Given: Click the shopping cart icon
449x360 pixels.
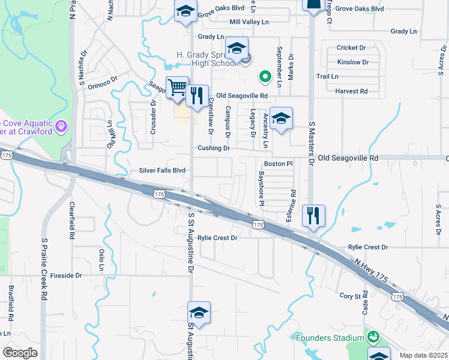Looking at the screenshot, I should pyautogui.click(x=177, y=88).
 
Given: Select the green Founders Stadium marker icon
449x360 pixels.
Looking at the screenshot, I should pyautogui.click(x=373, y=337).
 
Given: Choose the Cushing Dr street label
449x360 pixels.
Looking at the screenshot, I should pyautogui.click(x=214, y=148).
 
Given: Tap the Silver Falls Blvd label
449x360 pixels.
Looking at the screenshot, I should pyautogui.click(x=162, y=170).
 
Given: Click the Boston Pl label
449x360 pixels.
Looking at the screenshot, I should pyautogui.click(x=278, y=163).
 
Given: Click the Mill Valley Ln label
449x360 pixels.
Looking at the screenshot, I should pyautogui.click(x=249, y=22).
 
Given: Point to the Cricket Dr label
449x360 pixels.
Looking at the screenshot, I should pyautogui.click(x=351, y=47).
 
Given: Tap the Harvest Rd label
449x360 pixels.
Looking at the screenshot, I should pyautogui.click(x=351, y=91).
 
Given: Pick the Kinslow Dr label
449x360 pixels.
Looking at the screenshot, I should pyautogui.click(x=352, y=62).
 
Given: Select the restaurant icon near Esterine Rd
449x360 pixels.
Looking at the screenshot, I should pyautogui.click(x=313, y=215).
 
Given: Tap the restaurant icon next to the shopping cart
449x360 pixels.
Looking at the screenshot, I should pyautogui.click(x=197, y=95).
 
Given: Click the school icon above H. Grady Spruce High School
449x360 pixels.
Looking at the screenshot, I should pyautogui.click(x=237, y=48).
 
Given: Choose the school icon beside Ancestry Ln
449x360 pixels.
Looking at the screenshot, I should pyautogui.click(x=280, y=118).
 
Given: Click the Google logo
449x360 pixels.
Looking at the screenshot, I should pyautogui.click(x=20, y=352).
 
